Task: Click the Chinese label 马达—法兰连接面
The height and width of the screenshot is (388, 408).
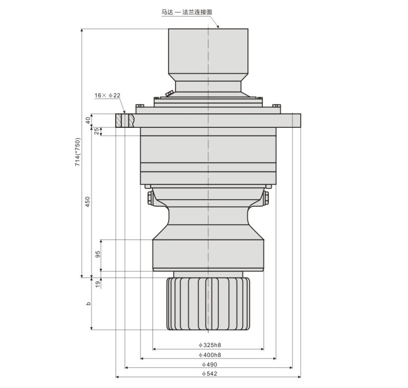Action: (187, 12)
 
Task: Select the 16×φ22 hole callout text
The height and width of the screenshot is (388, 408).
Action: (107, 95)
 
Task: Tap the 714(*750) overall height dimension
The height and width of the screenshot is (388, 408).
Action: (78, 152)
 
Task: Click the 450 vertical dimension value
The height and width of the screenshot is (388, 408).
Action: (87, 201)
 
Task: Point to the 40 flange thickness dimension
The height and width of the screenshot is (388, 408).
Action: (87, 120)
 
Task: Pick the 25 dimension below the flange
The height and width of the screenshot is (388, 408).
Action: (97, 131)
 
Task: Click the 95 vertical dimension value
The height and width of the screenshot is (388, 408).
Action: (98, 254)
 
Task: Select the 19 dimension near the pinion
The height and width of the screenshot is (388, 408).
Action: (98, 284)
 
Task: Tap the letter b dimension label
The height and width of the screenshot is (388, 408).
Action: (88, 303)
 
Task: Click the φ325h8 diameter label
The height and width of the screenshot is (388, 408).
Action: (209, 345)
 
